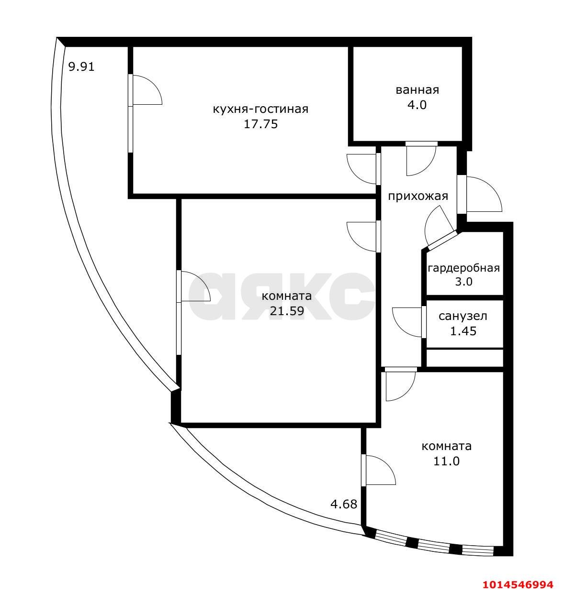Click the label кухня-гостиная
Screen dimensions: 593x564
pyautogui.click(x=260, y=109)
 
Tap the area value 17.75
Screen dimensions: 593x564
pyautogui.click(x=260, y=124)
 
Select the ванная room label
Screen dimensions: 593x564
pyautogui.click(x=417, y=90)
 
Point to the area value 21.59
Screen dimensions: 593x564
pyautogui.click(x=287, y=311)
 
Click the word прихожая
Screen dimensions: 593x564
pyautogui.click(x=417, y=196)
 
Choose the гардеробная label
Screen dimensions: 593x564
pyautogui.click(x=463, y=268)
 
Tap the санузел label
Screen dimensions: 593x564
pyautogui.click(x=463, y=316)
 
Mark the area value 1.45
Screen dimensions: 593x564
pyautogui.click(x=463, y=330)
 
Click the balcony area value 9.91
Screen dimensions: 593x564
pyautogui.click(x=81, y=66)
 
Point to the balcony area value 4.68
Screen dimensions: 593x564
pyautogui.click(x=344, y=504)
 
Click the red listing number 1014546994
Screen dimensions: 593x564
pyautogui.click(x=518, y=584)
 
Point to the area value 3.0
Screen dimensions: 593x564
pyautogui.click(x=463, y=282)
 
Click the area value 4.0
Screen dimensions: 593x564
pyautogui.click(x=417, y=105)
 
